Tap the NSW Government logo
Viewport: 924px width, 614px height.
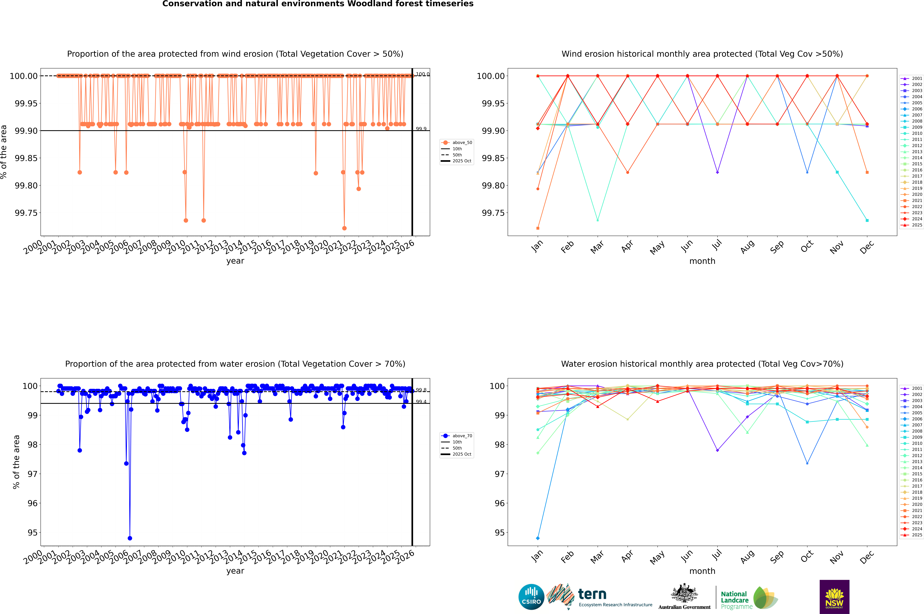tap(834, 597)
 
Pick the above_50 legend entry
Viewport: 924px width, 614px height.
tap(457, 143)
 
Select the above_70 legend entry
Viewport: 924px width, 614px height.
tap(457, 436)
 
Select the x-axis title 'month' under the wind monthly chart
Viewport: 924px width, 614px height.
tap(702, 261)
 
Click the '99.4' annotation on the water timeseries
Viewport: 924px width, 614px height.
tap(421, 402)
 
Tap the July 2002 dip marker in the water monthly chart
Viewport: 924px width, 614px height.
tap(717, 450)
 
